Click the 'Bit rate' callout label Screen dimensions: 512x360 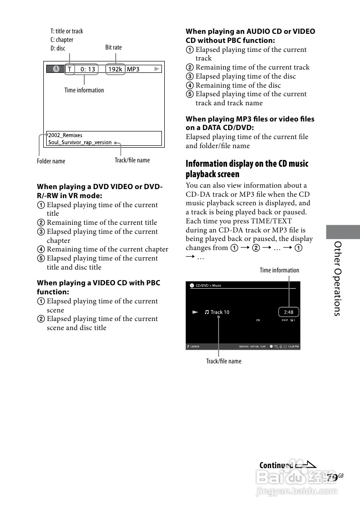pyautogui.click(x=113, y=47)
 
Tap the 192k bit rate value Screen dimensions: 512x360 pyautogui.click(x=115, y=69)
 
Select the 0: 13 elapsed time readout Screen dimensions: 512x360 pyautogui.click(x=88, y=69)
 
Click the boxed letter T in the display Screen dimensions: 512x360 pyautogui.click(x=70, y=69)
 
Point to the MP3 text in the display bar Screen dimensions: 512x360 pyautogui.click(x=133, y=69)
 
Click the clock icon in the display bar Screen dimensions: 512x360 pyautogui.click(x=56, y=69)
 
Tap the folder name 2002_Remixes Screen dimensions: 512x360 pyautogui.click(x=65, y=135)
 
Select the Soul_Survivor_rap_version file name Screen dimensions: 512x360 pyautogui.click(x=80, y=142)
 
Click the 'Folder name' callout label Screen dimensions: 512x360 pyautogui.click(x=51, y=161)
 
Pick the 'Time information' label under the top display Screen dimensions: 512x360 pyautogui.click(x=84, y=90)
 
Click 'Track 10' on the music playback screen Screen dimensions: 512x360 pyautogui.click(x=220, y=312)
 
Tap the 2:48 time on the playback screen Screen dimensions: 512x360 pyautogui.click(x=288, y=312)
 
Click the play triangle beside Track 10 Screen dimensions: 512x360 pyautogui.click(x=195, y=312)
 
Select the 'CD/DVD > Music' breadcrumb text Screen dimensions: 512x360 pyautogui.click(x=209, y=286)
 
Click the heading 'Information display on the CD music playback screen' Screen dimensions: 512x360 pyautogui.click(x=247, y=169)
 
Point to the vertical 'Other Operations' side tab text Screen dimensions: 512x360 pyautogui.click(x=338, y=279)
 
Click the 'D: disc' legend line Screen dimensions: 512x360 pyautogui.click(x=58, y=48)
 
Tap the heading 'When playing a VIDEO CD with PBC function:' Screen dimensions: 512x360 pyautogui.click(x=99, y=287)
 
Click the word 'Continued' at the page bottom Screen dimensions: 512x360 pyautogui.click(x=276, y=465)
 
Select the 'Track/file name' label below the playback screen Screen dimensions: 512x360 pyautogui.click(x=223, y=361)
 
